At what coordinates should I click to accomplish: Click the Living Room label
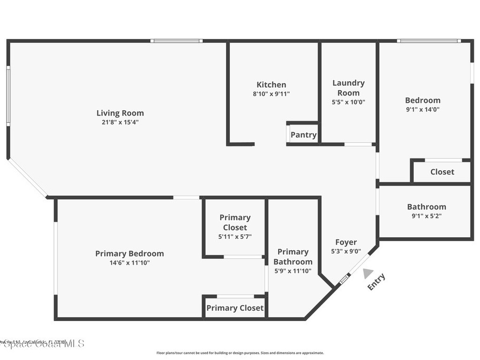120,113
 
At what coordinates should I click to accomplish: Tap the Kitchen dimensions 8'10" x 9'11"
271,94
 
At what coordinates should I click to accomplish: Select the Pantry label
303,135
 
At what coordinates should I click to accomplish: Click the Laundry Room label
348,88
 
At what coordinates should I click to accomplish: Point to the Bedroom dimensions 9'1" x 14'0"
422,109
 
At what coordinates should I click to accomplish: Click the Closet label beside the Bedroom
442,172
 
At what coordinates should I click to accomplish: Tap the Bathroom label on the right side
426,207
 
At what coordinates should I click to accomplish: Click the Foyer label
346,242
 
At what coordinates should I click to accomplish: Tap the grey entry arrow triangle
368,273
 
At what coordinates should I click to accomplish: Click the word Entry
376,282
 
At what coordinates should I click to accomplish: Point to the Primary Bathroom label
293,257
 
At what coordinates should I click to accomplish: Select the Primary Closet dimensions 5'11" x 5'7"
235,237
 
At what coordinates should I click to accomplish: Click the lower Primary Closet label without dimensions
235,308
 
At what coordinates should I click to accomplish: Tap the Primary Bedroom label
129,254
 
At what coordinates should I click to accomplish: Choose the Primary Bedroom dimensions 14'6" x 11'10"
129,263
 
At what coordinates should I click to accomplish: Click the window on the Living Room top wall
176,41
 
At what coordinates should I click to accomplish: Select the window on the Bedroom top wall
428,41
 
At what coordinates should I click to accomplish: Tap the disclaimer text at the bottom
240,353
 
